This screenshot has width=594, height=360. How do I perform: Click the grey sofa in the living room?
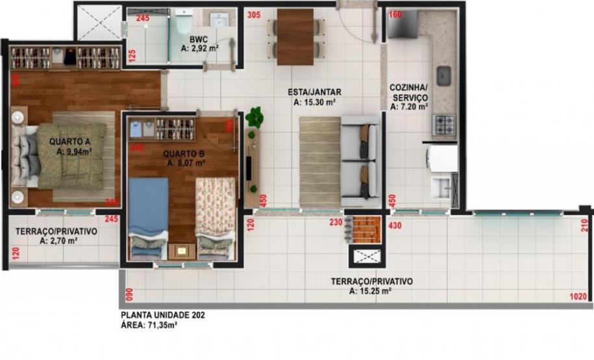point(360,156)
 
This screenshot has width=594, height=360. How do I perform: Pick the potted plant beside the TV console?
point(254,117)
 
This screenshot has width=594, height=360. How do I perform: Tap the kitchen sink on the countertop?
point(444,76)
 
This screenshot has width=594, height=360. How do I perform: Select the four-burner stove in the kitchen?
point(445,124)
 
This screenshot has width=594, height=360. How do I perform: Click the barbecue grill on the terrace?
point(364,229)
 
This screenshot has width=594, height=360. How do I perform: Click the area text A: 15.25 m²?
point(370,291)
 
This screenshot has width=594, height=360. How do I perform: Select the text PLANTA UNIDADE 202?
point(163,316)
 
